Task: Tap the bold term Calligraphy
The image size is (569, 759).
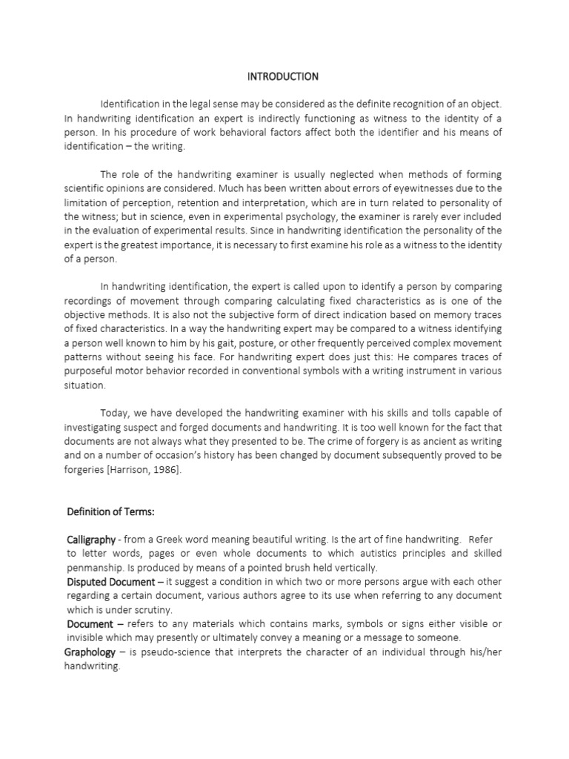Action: click(93, 540)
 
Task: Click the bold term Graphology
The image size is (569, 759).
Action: click(90, 652)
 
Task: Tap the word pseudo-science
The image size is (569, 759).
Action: click(162, 652)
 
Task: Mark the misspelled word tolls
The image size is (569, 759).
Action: click(428, 413)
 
